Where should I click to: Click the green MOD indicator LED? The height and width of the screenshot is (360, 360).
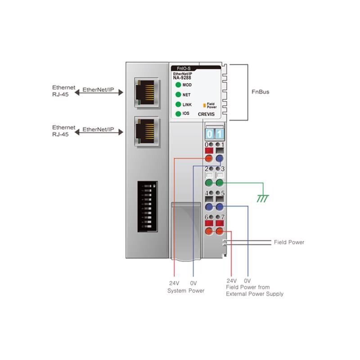pyautogui.click(x=178, y=85)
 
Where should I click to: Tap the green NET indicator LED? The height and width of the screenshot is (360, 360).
pyautogui.click(x=178, y=94)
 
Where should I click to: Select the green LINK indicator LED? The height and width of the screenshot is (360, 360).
pyautogui.click(x=178, y=104)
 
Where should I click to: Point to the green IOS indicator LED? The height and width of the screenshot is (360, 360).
pyautogui.click(x=178, y=113)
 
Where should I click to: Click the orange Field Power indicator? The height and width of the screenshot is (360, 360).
pyautogui.click(x=204, y=106)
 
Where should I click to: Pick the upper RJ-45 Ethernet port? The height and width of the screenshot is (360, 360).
pyautogui.click(x=146, y=92)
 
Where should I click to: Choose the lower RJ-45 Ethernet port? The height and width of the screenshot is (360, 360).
pyautogui.click(x=146, y=131)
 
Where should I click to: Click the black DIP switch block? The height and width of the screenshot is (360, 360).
pyautogui.click(x=147, y=206)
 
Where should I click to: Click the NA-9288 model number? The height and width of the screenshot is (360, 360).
pyautogui.click(x=182, y=77)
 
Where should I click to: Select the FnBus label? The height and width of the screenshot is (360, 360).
pyautogui.click(x=260, y=92)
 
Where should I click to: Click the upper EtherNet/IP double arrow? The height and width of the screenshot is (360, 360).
pyautogui.click(x=99, y=92)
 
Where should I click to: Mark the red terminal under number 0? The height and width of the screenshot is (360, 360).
pyautogui.click(x=209, y=159)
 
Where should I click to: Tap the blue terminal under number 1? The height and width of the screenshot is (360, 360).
pyautogui.click(x=220, y=159)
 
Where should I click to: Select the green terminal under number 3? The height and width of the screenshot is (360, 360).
pyautogui.click(x=220, y=183)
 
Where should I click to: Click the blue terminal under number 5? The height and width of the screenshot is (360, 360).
pyautogui.click(x=220, y=207)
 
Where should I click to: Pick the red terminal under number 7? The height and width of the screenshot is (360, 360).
pyautogui.click(x=220, y=231)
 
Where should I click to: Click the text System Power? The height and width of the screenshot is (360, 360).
pyautogui.click(x=185, y=291)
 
